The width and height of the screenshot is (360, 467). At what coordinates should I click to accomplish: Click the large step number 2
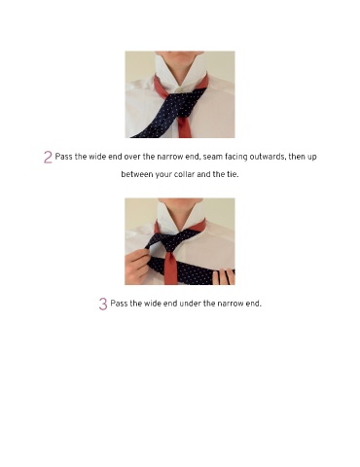pyautogui.click(x=48, y=157)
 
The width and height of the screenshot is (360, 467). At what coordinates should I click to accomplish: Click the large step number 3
pyautogui.click(x=103, y=304)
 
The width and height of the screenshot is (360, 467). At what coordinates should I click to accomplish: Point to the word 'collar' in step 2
pyautogui.click(x=184, y=174)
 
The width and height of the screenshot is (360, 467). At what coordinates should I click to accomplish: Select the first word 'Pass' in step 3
pyautogui.click(x=119, y=304)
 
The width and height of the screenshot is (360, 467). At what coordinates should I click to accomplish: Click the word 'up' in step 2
pyautogui.click(x=312, y=158)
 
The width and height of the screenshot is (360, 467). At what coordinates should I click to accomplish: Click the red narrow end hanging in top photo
pyautogui.click(x=185, y=127)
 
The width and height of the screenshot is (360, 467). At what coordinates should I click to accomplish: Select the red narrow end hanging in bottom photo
pyautogui.click(x=171, y=269)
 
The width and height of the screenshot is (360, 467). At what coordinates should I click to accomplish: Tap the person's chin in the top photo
pyautogui.click(x=180, y=54)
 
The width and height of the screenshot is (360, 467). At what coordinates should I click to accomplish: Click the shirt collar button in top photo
pyautogui.click(x=178, y=89)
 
